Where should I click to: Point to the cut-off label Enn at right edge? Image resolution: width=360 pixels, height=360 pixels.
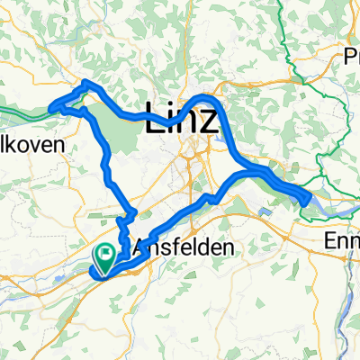[x=342, y=241]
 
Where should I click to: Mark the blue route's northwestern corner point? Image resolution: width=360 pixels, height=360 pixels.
[x=85, y=83]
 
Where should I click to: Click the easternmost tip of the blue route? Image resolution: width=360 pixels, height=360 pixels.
[x=309, y=194]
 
